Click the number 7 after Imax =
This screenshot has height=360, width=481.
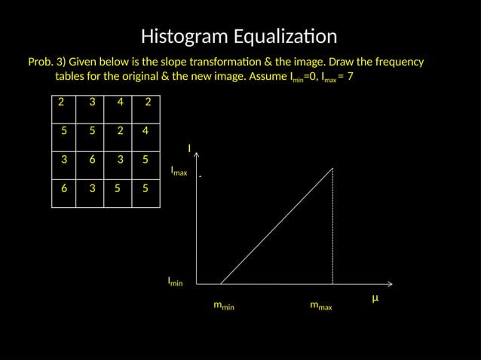coord(351,77)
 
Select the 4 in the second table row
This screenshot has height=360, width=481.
coord(145,130)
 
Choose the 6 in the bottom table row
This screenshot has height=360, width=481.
coord(65,188)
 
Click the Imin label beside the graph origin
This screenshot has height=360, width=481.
coord(175,282)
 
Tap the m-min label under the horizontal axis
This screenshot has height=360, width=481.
coord(224,306)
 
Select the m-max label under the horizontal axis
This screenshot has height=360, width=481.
coord(321,306)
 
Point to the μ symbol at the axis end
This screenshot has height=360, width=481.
coord(375,298)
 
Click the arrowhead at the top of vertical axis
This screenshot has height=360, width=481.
coord(197,154)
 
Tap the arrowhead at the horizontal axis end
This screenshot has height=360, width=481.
coord(391,284)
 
